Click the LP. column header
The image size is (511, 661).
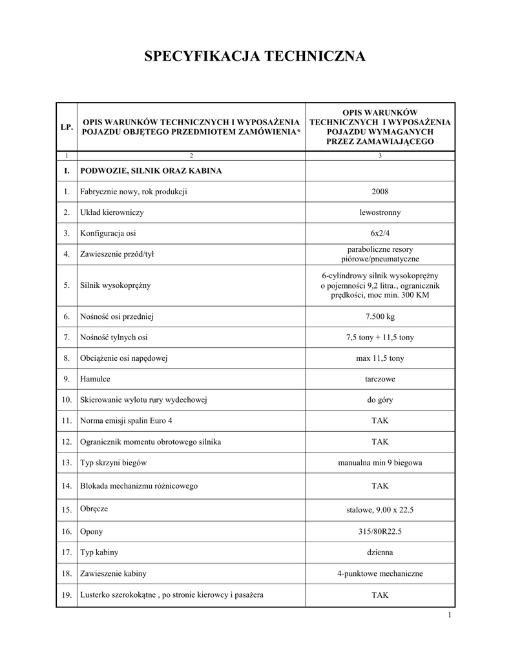tap(67, 127)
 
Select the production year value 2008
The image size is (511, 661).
tap(380, 192)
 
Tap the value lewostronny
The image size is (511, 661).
tap(380, 212)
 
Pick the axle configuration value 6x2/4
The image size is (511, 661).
tap(380, 233)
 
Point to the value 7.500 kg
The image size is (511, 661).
tap(380, 316)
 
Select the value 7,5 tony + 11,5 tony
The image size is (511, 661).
tap(380, 338)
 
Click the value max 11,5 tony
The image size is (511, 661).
tap(380, 358)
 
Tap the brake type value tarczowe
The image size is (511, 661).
tap(380, 379)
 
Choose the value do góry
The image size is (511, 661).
tap(380, 400)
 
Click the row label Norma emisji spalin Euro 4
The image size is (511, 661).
tap(126, 421)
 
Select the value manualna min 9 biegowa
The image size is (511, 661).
tap(380, 463)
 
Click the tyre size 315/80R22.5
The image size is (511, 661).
tap(380, 531)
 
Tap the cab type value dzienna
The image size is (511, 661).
tap(380, 553)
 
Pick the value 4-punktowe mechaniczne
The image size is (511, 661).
tap(380, 573)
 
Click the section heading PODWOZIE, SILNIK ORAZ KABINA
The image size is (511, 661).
tap(151, 171)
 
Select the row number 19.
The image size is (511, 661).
tap(67, 595)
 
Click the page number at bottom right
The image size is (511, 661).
tap(449, 615)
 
